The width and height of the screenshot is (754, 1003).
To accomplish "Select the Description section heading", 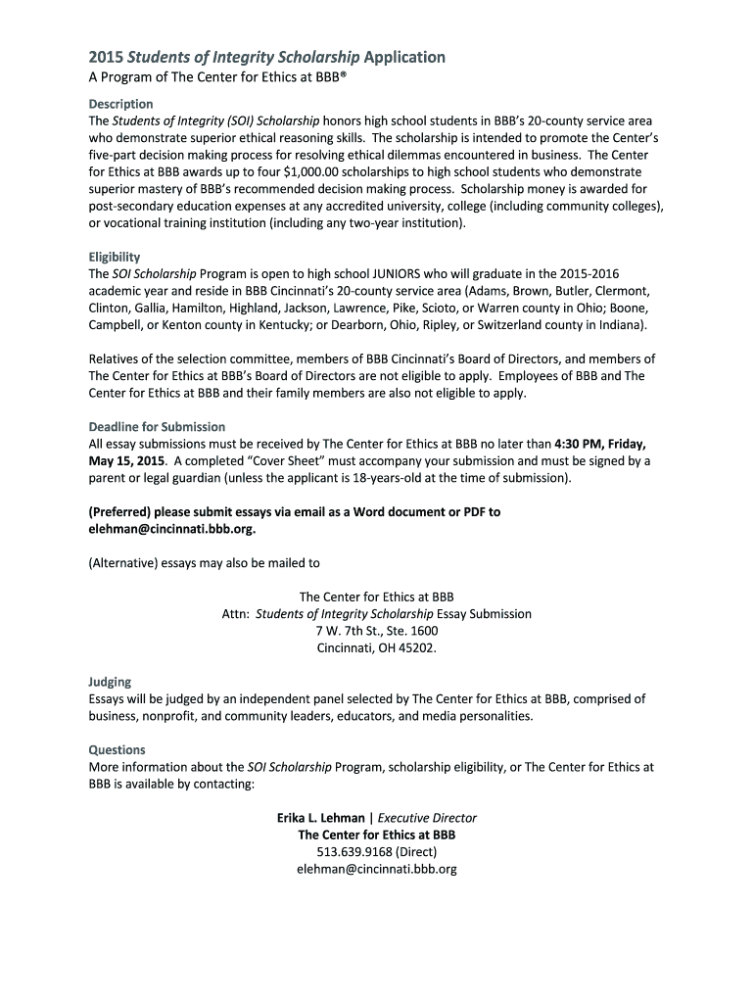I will (120, 104).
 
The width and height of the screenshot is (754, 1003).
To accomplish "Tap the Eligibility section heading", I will (115, 258).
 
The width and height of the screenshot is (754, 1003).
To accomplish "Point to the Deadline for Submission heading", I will (157, 427).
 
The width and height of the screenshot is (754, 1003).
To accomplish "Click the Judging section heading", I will (110, 682).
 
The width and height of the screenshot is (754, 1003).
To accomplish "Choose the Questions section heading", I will (117, 750).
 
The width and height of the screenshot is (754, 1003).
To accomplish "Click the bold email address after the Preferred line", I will (173, 529).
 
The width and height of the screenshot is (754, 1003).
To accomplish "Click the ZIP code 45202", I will (415, 647).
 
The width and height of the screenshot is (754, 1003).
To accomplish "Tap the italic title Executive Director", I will (427, 818).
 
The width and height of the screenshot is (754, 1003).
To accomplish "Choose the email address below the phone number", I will (376, 869).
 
